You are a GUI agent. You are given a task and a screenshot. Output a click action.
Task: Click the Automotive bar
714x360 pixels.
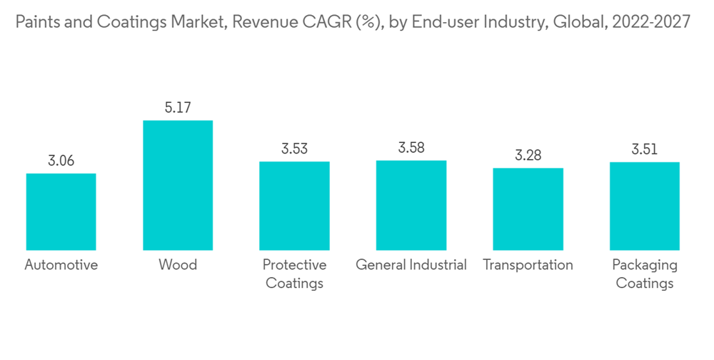coord(61,211)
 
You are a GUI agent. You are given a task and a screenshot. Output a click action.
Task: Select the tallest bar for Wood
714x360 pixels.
coord(178,184)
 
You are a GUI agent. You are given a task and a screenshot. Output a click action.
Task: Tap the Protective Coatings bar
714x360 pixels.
coord(294,205)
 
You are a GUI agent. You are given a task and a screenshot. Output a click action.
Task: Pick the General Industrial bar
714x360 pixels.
coord(411,204)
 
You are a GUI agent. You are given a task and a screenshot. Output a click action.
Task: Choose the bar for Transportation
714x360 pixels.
coord(528,209)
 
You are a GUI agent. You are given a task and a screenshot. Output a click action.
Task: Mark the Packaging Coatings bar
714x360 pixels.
coord(644,206)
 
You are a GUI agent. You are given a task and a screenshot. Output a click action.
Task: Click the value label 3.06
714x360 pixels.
coord(61,161)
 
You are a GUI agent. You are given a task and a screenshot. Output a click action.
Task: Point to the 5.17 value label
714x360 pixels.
coord(178,108)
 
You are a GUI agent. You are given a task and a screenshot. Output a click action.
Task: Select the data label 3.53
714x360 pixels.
coord(294,149)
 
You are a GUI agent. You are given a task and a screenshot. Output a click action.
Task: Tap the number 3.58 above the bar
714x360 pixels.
coord(411,148)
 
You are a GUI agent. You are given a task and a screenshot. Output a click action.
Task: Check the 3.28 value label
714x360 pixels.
coord(528,156)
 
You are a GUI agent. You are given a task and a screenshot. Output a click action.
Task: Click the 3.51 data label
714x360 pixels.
coord(644,150)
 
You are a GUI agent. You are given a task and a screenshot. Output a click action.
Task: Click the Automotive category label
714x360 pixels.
coord(61,265)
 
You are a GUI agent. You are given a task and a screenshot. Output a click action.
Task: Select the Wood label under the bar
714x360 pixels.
coord(178,265)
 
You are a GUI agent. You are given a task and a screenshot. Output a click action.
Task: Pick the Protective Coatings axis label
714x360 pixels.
coord(294,274)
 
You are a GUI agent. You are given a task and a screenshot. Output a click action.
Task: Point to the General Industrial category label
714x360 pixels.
coord(411,265)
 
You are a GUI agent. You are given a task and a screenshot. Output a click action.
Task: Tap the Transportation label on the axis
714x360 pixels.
coord(528,265)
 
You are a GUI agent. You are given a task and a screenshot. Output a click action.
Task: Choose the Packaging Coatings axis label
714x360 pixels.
coord(644,274)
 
